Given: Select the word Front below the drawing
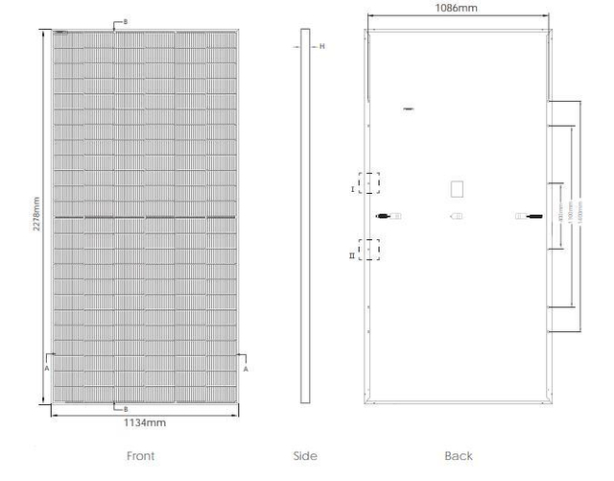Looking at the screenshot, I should (x=140, y=456).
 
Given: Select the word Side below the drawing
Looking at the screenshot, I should (x=305, y=456).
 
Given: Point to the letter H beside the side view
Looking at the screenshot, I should (x=322, y=46).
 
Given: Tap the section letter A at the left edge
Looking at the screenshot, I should (x=46, y=367).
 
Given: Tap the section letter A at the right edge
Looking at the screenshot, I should (x=245, y=367).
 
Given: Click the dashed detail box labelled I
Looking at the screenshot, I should (x=369, y=182).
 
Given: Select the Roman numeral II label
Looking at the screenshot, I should (x=352, y=256).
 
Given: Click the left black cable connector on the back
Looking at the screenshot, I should (x=383, y=215).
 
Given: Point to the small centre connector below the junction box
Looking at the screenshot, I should (x=458, y=215).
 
